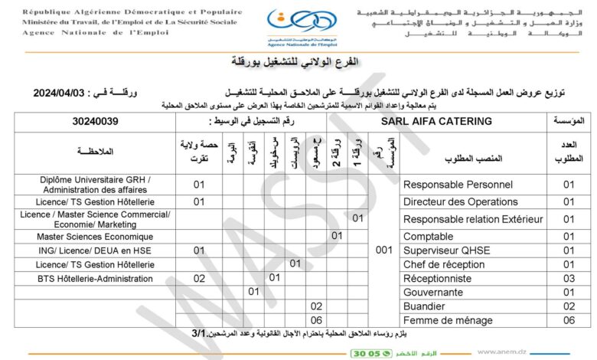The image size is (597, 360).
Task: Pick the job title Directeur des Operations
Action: pyautogui.click(x=460, y=201)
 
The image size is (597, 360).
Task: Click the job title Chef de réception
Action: pyautogui.click(x=444, y=264)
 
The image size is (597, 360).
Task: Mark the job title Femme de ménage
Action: pyautogui.click(x=448, y=320)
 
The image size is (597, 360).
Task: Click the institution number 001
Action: pyautogui.click(x=385, y=250)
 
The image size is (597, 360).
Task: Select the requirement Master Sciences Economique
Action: pyautogui.click(x=96, y=236)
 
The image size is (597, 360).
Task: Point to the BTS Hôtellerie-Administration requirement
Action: pyautogui.click(x=96, y=278)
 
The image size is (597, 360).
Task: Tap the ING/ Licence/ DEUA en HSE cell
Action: pyautogui.click(x=96, y=250)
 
